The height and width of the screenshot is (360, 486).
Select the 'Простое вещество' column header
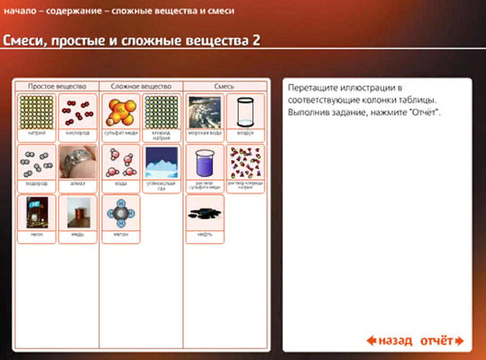tap(57, 86)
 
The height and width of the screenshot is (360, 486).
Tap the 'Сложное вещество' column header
tap(141, 86)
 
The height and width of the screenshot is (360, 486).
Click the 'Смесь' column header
tap(225, 86)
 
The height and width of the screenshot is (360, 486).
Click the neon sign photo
tap(36, 213)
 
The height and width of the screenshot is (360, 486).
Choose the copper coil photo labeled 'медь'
tap(78, 213)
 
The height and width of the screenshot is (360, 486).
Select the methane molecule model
tap(121, 213)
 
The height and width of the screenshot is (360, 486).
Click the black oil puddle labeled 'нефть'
tap(205, 213)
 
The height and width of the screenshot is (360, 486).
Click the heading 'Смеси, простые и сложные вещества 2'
tap(131, 40)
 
